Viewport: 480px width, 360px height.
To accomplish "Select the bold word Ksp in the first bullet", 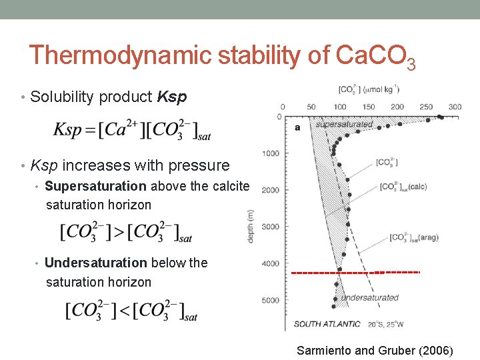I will point(169,97).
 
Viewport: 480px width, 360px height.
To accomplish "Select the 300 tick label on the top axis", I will point(455,107).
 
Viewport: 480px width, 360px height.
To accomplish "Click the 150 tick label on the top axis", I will point(369,107).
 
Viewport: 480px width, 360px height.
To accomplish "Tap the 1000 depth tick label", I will point(271,154).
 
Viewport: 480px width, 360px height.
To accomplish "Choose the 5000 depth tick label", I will point(271,301).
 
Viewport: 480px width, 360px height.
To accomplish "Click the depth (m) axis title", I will point(251,227).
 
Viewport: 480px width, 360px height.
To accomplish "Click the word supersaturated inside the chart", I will point(343,125).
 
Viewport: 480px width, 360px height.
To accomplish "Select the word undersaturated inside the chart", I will point(369,297).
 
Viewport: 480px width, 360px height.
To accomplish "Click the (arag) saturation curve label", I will point(413,237).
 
